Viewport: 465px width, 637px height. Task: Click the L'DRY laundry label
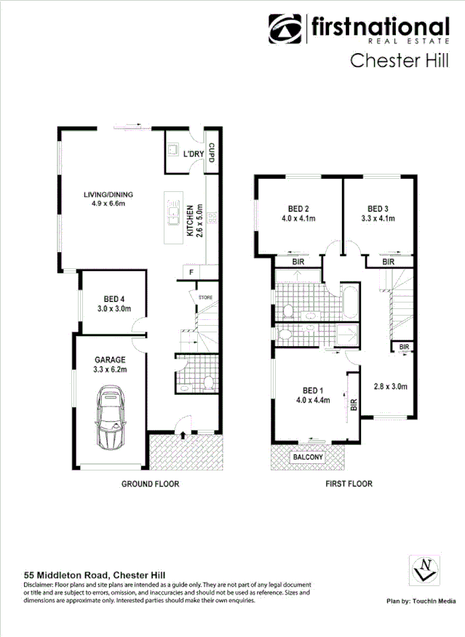point(192,153)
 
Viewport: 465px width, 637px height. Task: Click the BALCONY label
point(308,458)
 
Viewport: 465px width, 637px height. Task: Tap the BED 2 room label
point(300,207)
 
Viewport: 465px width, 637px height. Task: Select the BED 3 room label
point(378,207)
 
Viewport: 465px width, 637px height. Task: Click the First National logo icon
point(286,29)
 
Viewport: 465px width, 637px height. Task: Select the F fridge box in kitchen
point(191,272)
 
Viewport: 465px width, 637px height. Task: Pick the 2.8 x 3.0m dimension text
point(391,386)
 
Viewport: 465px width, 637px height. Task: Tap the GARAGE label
point(110,359)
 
